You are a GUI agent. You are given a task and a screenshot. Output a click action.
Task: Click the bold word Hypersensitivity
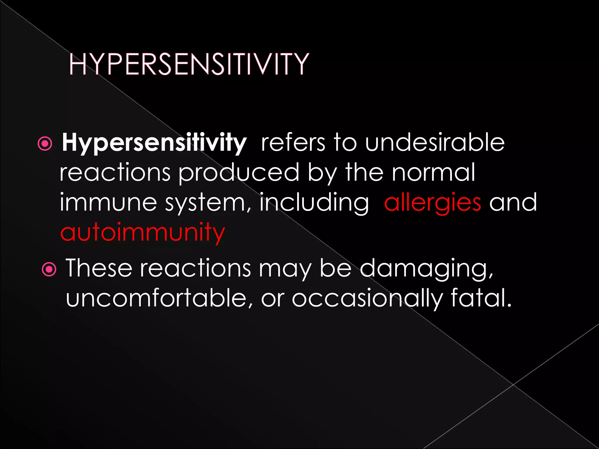click(x=154, y=143)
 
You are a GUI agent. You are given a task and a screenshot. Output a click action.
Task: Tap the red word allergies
click(x=432, y=203)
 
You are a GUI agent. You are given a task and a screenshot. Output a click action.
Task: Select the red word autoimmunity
click(x=142, y=232)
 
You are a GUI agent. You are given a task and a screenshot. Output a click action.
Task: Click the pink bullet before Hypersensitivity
click(x=45, y=144)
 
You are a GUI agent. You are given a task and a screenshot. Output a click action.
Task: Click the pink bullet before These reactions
click(x=49, y=269)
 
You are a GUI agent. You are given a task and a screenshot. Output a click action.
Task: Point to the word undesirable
click(x=435, y=142)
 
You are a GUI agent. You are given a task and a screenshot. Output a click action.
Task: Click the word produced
click(x=239, y=172)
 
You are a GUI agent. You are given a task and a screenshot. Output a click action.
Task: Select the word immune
click(x=109, y=203)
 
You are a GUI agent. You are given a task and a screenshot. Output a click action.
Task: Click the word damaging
click(x=426, y=268)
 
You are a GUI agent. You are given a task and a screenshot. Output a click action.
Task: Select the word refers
click(x=293, y=142)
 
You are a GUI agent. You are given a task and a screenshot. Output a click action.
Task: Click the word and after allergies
click(x=513, y=203)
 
